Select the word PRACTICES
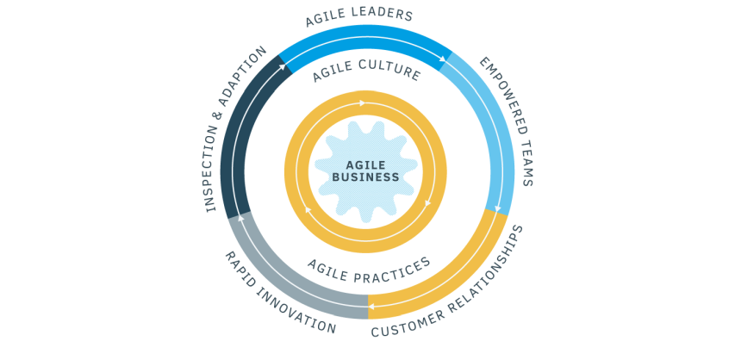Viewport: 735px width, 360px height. click(393, 272)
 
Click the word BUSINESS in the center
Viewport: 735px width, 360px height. click(365, 177)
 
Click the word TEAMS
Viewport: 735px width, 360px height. click(526, 163)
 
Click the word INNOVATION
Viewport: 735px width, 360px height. click(296, 313)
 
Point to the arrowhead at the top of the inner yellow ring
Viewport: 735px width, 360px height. click(362, 103)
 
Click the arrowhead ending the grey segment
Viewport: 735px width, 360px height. click(240, 218)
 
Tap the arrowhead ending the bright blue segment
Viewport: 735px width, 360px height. click(443, 59)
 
